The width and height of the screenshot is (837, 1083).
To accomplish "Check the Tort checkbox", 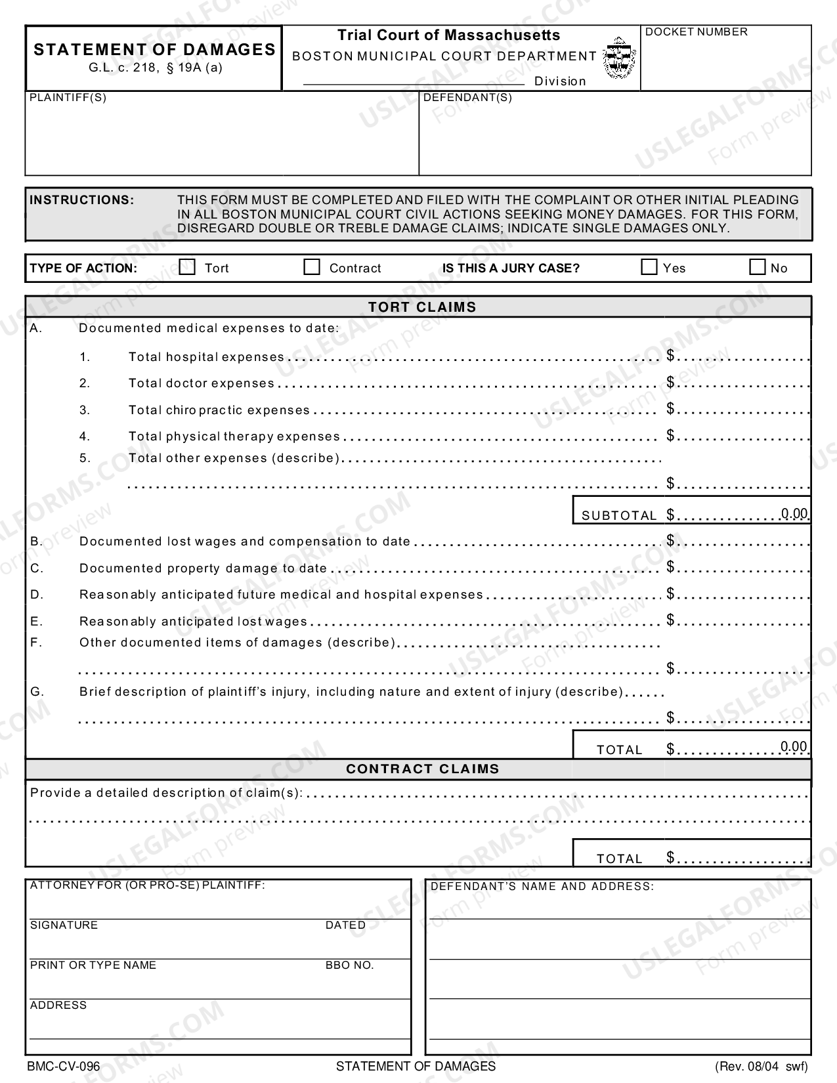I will click(x=188, y=267).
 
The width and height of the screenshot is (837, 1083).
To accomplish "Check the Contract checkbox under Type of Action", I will click(x=312, y=267).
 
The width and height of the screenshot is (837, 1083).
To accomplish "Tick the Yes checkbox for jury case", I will click(x=649, y=267).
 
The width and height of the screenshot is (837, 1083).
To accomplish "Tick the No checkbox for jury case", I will click(x=757, y=267).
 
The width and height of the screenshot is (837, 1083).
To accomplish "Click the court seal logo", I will click(x=618, y=58).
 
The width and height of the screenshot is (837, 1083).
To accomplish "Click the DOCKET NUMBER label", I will click(x=697, y=32).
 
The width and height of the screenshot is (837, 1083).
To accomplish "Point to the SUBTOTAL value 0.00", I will click(x=794, y=513).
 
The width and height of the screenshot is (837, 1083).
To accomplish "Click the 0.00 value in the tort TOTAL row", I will click(x=794, y=746).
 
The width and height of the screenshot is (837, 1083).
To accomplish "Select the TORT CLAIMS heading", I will click(x=422, y=307).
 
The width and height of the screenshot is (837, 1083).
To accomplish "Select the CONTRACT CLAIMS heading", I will click(x=422, y=769).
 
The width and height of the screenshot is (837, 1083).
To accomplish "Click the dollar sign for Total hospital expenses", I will click(x=670, y=356).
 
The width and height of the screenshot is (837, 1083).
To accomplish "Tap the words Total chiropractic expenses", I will click(x=219, y=410).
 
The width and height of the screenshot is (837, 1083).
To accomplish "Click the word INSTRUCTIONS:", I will click(x=82, y=200).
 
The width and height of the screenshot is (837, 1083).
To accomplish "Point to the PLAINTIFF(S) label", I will click(x=68, y=98).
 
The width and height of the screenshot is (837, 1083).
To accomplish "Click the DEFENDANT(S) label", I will click(x=467, y=98).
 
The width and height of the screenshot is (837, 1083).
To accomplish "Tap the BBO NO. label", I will click(x=349, y=966).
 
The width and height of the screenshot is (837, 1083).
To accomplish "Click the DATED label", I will click(x=345, y=925).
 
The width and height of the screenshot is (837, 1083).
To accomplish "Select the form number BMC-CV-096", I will click(x=64, y=1067).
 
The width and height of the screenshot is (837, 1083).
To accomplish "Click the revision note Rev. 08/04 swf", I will click(x=762, y=1067).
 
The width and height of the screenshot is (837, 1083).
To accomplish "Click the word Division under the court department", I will click(x=559, y=81).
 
